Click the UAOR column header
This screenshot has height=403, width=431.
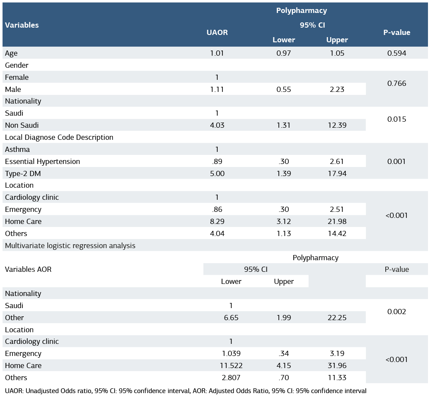[217, 32]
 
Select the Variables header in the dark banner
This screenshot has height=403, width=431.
[22, 25]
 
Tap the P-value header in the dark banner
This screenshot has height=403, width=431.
[397, 32]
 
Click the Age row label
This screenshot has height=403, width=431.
[11, 53]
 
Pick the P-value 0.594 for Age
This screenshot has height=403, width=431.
[397, 53]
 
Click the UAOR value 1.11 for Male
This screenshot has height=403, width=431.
[217, 89]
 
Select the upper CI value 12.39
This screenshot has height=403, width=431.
[337, 125]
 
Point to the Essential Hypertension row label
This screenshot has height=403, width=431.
[42, 161]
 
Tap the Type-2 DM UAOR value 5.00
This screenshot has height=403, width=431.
[217, 173]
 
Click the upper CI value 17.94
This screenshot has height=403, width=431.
[337, 173]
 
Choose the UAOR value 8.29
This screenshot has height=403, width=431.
[217, 221]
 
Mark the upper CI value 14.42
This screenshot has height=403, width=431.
[337, 233]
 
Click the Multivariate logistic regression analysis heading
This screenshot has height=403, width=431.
[70, 246]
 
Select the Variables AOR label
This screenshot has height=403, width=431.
[28, 269]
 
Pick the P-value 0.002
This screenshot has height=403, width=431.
[397, 312]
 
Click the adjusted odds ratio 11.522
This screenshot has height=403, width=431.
[231, 365]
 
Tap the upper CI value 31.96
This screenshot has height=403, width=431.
[337, 365]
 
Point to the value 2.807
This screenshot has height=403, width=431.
[231, 378]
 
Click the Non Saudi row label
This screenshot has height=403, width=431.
[22, 125]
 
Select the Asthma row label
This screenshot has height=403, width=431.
[17, 149]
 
